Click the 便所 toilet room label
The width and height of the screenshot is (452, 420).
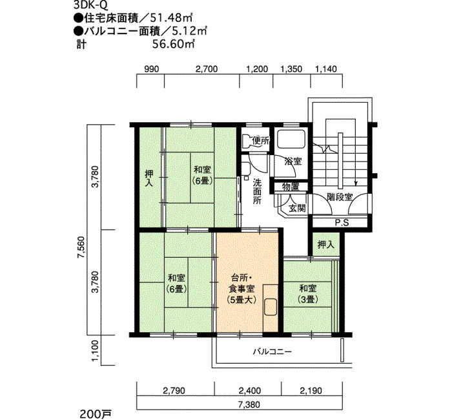(x=261, y=141)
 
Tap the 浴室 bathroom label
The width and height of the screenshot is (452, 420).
(x=293, y=162)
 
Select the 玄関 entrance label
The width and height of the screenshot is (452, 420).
(x=297, y=207)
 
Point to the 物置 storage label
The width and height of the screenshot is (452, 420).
(x=291, y=187)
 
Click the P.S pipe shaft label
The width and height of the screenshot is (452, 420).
(x=342, y=223)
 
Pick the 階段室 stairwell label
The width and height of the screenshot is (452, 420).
(x=340, y=197)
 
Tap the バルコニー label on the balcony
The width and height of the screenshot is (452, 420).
(x=272, y=352)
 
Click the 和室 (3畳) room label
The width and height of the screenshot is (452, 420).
(x=307, y=294)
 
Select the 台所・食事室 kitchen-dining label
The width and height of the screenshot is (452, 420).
(x=241, y=289)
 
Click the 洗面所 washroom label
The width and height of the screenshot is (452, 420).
(x=257, y=191)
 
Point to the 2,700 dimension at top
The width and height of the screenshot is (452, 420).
(x=207, y=69)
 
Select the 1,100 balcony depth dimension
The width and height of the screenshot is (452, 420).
(x=96, y=352)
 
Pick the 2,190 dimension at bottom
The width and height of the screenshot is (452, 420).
(x=311, y=390)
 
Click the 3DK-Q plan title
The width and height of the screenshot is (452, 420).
(x=91, y=5)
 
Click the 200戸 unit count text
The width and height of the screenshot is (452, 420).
(x=91, y=414)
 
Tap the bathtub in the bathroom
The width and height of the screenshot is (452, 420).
(x=291, y=139)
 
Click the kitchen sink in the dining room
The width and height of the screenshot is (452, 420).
(x=271, y=308)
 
